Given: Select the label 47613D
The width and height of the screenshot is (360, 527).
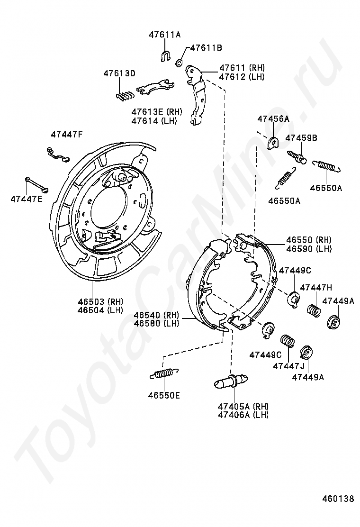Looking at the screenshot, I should click(x=119, y=73).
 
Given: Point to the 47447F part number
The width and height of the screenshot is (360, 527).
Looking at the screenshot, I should click(x=67, y=135).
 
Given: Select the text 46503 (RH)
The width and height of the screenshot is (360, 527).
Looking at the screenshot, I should click(x=100, y=301).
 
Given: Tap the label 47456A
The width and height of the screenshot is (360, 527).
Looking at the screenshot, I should click(x=273, y=119).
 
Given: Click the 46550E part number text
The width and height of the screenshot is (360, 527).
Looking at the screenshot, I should click(x=164, y=395).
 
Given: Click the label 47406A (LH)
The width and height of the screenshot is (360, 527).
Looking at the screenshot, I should click(x=243, y=415).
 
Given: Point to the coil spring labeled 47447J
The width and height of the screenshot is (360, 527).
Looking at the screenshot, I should click(x=288, y=341).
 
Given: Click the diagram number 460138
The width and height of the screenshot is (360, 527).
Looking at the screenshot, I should click(x=338, y=499).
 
